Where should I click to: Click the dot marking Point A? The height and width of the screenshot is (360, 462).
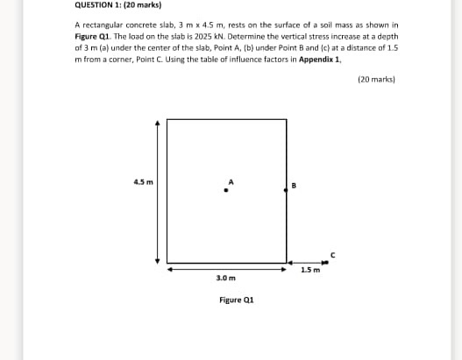(x=227, y=189)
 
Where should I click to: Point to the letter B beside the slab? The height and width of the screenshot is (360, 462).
(x=295, y=185)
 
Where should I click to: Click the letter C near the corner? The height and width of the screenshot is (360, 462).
(x=332, y=254)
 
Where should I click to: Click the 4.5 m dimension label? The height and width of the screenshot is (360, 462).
(x=143, y=182)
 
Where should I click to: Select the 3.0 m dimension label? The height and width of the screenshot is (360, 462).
(x=225, y=277)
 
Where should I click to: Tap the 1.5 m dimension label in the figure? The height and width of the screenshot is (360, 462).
(x=309, y=271)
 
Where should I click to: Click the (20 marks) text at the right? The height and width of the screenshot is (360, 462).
(x=378, y=79)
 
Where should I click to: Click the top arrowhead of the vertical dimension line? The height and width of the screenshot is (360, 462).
(x=159, y=124)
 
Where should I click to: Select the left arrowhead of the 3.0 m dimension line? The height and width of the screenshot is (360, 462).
(x=171, y=269)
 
